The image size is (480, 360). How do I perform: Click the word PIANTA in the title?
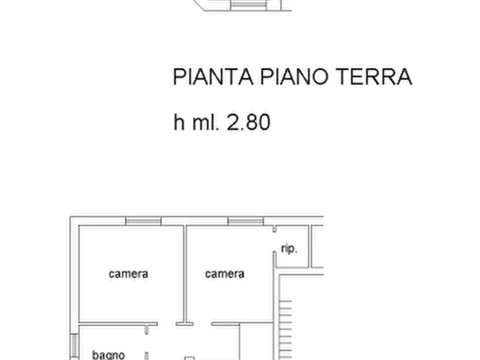212,77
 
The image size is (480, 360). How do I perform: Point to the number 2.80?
248,123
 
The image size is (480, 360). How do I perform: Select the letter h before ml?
179,123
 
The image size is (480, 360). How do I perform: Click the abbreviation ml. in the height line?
205,123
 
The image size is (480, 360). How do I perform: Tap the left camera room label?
128,274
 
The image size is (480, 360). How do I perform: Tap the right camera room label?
225,274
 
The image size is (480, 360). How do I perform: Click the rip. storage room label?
289,249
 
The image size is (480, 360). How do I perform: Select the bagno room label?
109,355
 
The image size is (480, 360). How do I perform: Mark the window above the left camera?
143,221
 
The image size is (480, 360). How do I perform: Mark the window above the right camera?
246,221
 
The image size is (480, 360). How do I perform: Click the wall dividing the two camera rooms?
185,274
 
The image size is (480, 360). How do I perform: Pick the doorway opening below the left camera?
167,324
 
